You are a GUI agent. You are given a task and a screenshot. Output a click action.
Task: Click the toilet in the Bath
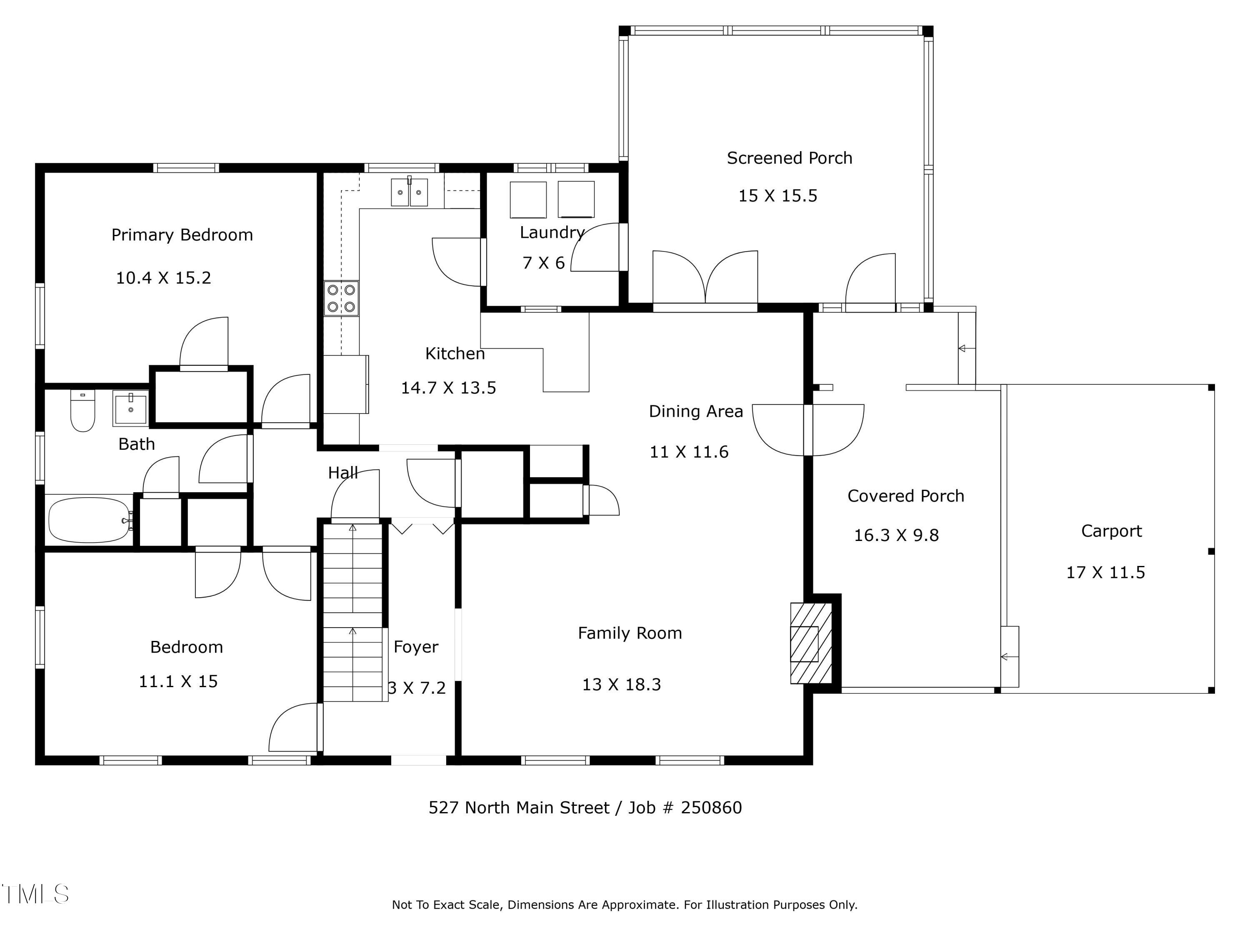point(82,411)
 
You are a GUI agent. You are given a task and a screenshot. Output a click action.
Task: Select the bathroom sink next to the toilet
point(130,407)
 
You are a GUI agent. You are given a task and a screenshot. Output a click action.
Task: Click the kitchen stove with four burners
point(341,298)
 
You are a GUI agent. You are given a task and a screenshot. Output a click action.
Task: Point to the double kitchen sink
point(410,192)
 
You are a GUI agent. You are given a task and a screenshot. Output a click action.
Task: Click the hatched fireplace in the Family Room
point(811,643)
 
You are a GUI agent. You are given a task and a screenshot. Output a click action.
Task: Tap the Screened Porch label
point(790,158)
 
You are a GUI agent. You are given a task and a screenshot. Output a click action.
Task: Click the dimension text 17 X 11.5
point(1105,572)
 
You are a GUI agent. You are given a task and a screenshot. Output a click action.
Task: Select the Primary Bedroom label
point(182,235)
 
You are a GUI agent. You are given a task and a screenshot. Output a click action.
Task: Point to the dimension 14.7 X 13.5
point(448,388)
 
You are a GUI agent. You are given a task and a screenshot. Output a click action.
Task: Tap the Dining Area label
point(696,412)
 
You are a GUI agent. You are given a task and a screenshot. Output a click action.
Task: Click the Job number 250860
point(712,807)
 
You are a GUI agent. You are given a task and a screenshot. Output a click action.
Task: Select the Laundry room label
point(552,233)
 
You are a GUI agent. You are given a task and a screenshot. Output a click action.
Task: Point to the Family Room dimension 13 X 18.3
point(622,685)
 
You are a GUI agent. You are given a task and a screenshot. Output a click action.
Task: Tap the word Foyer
point(416,647)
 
